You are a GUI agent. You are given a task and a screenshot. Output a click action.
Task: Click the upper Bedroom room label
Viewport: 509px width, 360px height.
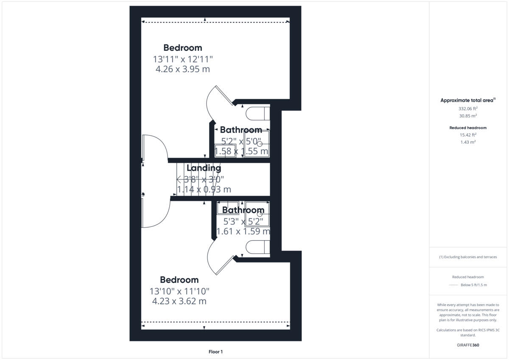pos(183,48)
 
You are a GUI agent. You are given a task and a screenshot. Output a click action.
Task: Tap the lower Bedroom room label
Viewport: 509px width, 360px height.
pos(179,280)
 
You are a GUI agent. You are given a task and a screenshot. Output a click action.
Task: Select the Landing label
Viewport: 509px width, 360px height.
pos(204,168)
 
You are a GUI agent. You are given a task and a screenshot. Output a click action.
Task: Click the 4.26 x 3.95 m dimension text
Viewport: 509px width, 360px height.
pos(183,69)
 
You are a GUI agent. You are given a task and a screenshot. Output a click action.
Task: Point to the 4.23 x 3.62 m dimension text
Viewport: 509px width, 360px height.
pos(179,301)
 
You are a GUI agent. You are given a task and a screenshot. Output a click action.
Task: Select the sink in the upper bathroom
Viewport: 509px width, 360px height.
pos(225,150)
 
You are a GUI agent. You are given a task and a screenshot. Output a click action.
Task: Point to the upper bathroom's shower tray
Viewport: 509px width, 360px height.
pos(257,144)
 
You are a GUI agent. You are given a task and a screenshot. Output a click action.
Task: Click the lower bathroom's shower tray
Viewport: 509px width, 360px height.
pos(257,215)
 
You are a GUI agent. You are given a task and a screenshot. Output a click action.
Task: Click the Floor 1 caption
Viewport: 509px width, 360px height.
pos(215,352)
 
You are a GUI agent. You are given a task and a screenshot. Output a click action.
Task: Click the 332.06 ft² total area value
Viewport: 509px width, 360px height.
pos(468,109)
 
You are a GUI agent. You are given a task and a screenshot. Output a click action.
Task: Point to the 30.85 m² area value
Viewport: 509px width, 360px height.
pos(468,116)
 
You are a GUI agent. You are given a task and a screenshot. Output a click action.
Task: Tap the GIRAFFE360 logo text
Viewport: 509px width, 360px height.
pos(468,345)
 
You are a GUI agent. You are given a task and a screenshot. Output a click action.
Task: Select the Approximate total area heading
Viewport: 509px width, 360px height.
pos(467,100)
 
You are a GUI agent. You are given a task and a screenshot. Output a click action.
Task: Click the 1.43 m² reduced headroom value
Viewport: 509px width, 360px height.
pos(468,142)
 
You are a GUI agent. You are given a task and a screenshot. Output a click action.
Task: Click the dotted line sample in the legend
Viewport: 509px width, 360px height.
pos(453,285)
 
